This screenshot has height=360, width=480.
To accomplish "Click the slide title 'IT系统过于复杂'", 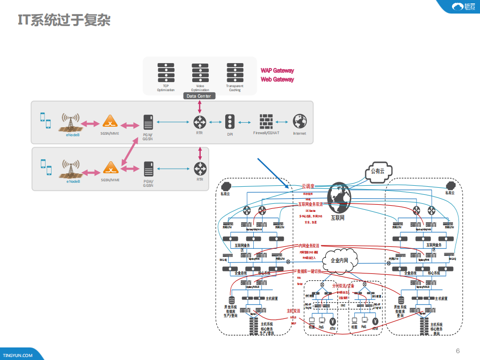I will (64, 21).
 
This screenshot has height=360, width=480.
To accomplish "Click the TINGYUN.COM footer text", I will (18, 355).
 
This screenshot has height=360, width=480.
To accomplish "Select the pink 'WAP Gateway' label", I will (277, 71).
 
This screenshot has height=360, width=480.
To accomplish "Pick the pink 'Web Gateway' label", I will (277, 80).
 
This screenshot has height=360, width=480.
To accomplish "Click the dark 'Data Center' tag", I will (199, 96).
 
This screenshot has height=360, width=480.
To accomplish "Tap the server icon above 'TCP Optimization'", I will (165, 73).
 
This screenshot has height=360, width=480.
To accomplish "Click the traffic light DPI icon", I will (230, 122).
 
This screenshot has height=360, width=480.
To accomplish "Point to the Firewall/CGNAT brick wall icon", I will (266, 122).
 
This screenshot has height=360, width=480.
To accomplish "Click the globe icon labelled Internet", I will (300, 122).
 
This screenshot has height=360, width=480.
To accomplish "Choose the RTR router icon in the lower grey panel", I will (200, 168).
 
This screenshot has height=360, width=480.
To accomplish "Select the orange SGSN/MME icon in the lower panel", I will (110, 168).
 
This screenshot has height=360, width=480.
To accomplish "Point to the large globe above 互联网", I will (340, 199).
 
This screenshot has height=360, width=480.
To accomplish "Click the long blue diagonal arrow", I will (274, 174).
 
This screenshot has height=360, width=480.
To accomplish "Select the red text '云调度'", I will (307, 186).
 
